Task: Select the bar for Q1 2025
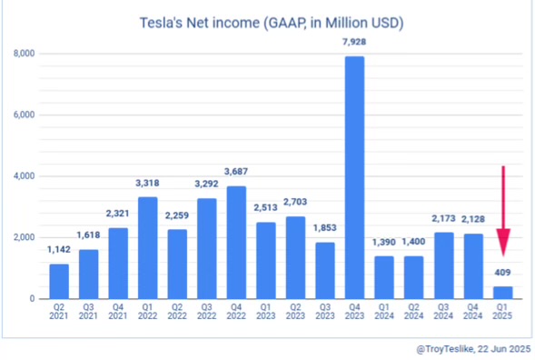502,292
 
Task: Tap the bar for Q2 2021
59,281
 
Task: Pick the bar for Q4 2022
236,242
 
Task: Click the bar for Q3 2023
325,270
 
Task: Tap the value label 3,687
236,173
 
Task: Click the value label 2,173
443,220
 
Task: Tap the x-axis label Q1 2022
148,313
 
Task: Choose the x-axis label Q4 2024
473,313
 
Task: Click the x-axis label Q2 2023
295,313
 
